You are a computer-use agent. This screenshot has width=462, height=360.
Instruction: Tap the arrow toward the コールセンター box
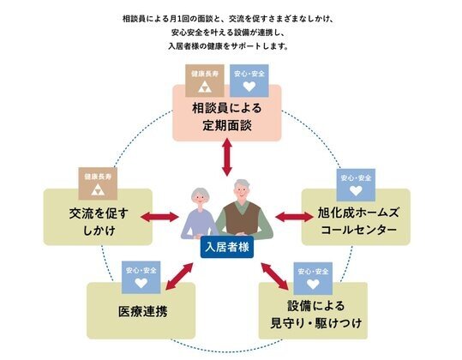click(294, 216)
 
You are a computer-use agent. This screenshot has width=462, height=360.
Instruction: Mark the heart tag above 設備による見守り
click(310, 275)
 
